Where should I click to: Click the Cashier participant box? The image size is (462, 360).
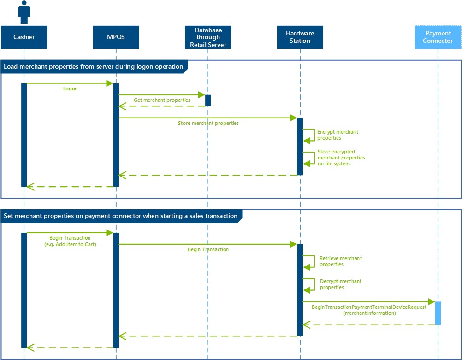(24, 37)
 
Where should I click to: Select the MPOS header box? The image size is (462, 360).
(116, 37)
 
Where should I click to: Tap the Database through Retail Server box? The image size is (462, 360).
(208, 37)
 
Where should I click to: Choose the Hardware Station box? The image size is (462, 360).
(300, 37)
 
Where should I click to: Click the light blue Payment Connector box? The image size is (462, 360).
(438, 37)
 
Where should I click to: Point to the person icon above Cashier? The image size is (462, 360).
(24, 12)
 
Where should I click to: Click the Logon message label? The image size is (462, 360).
(70, 89)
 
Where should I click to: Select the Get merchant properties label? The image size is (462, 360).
(162, 100)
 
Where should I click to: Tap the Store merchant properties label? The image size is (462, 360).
(208, 123)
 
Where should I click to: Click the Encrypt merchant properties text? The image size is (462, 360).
(337, 135)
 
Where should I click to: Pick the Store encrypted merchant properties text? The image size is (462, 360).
(341, 158)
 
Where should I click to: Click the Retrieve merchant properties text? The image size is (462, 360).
(340, 261)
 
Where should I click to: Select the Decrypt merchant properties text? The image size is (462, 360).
(340, 284)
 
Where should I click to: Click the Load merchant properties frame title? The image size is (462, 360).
(93, 67)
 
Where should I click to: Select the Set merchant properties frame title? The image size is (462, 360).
(120, 216)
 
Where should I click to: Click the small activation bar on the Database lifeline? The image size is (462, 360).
(208, 100)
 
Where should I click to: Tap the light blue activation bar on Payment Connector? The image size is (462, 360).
(438, 313)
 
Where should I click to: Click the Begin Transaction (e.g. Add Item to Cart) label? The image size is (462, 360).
(70, 241)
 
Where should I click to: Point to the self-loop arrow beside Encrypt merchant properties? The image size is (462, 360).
(310, 135)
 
